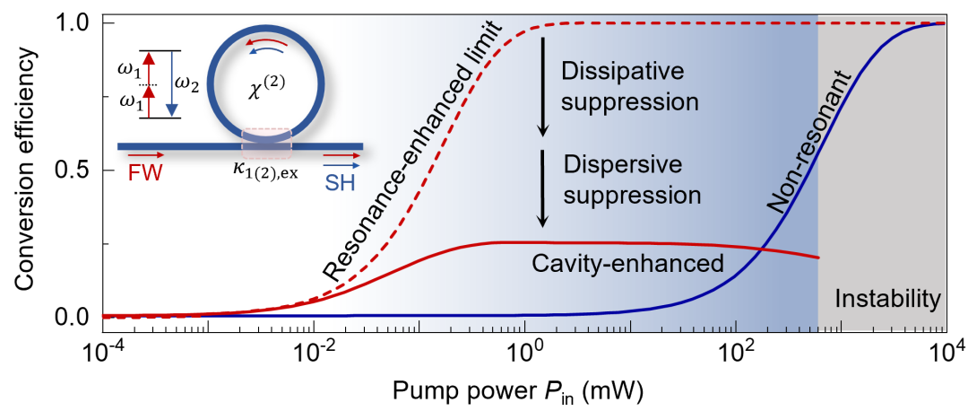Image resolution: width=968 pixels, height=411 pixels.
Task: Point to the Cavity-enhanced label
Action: (627, 263)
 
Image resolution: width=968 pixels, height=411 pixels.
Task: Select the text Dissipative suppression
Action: (627, 86)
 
